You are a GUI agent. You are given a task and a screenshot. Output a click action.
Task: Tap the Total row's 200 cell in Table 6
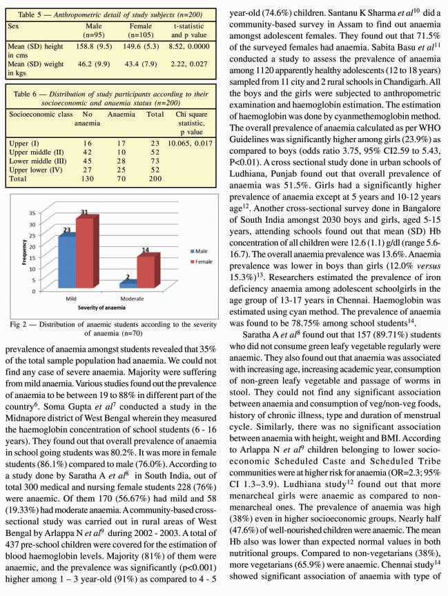[157, 178]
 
